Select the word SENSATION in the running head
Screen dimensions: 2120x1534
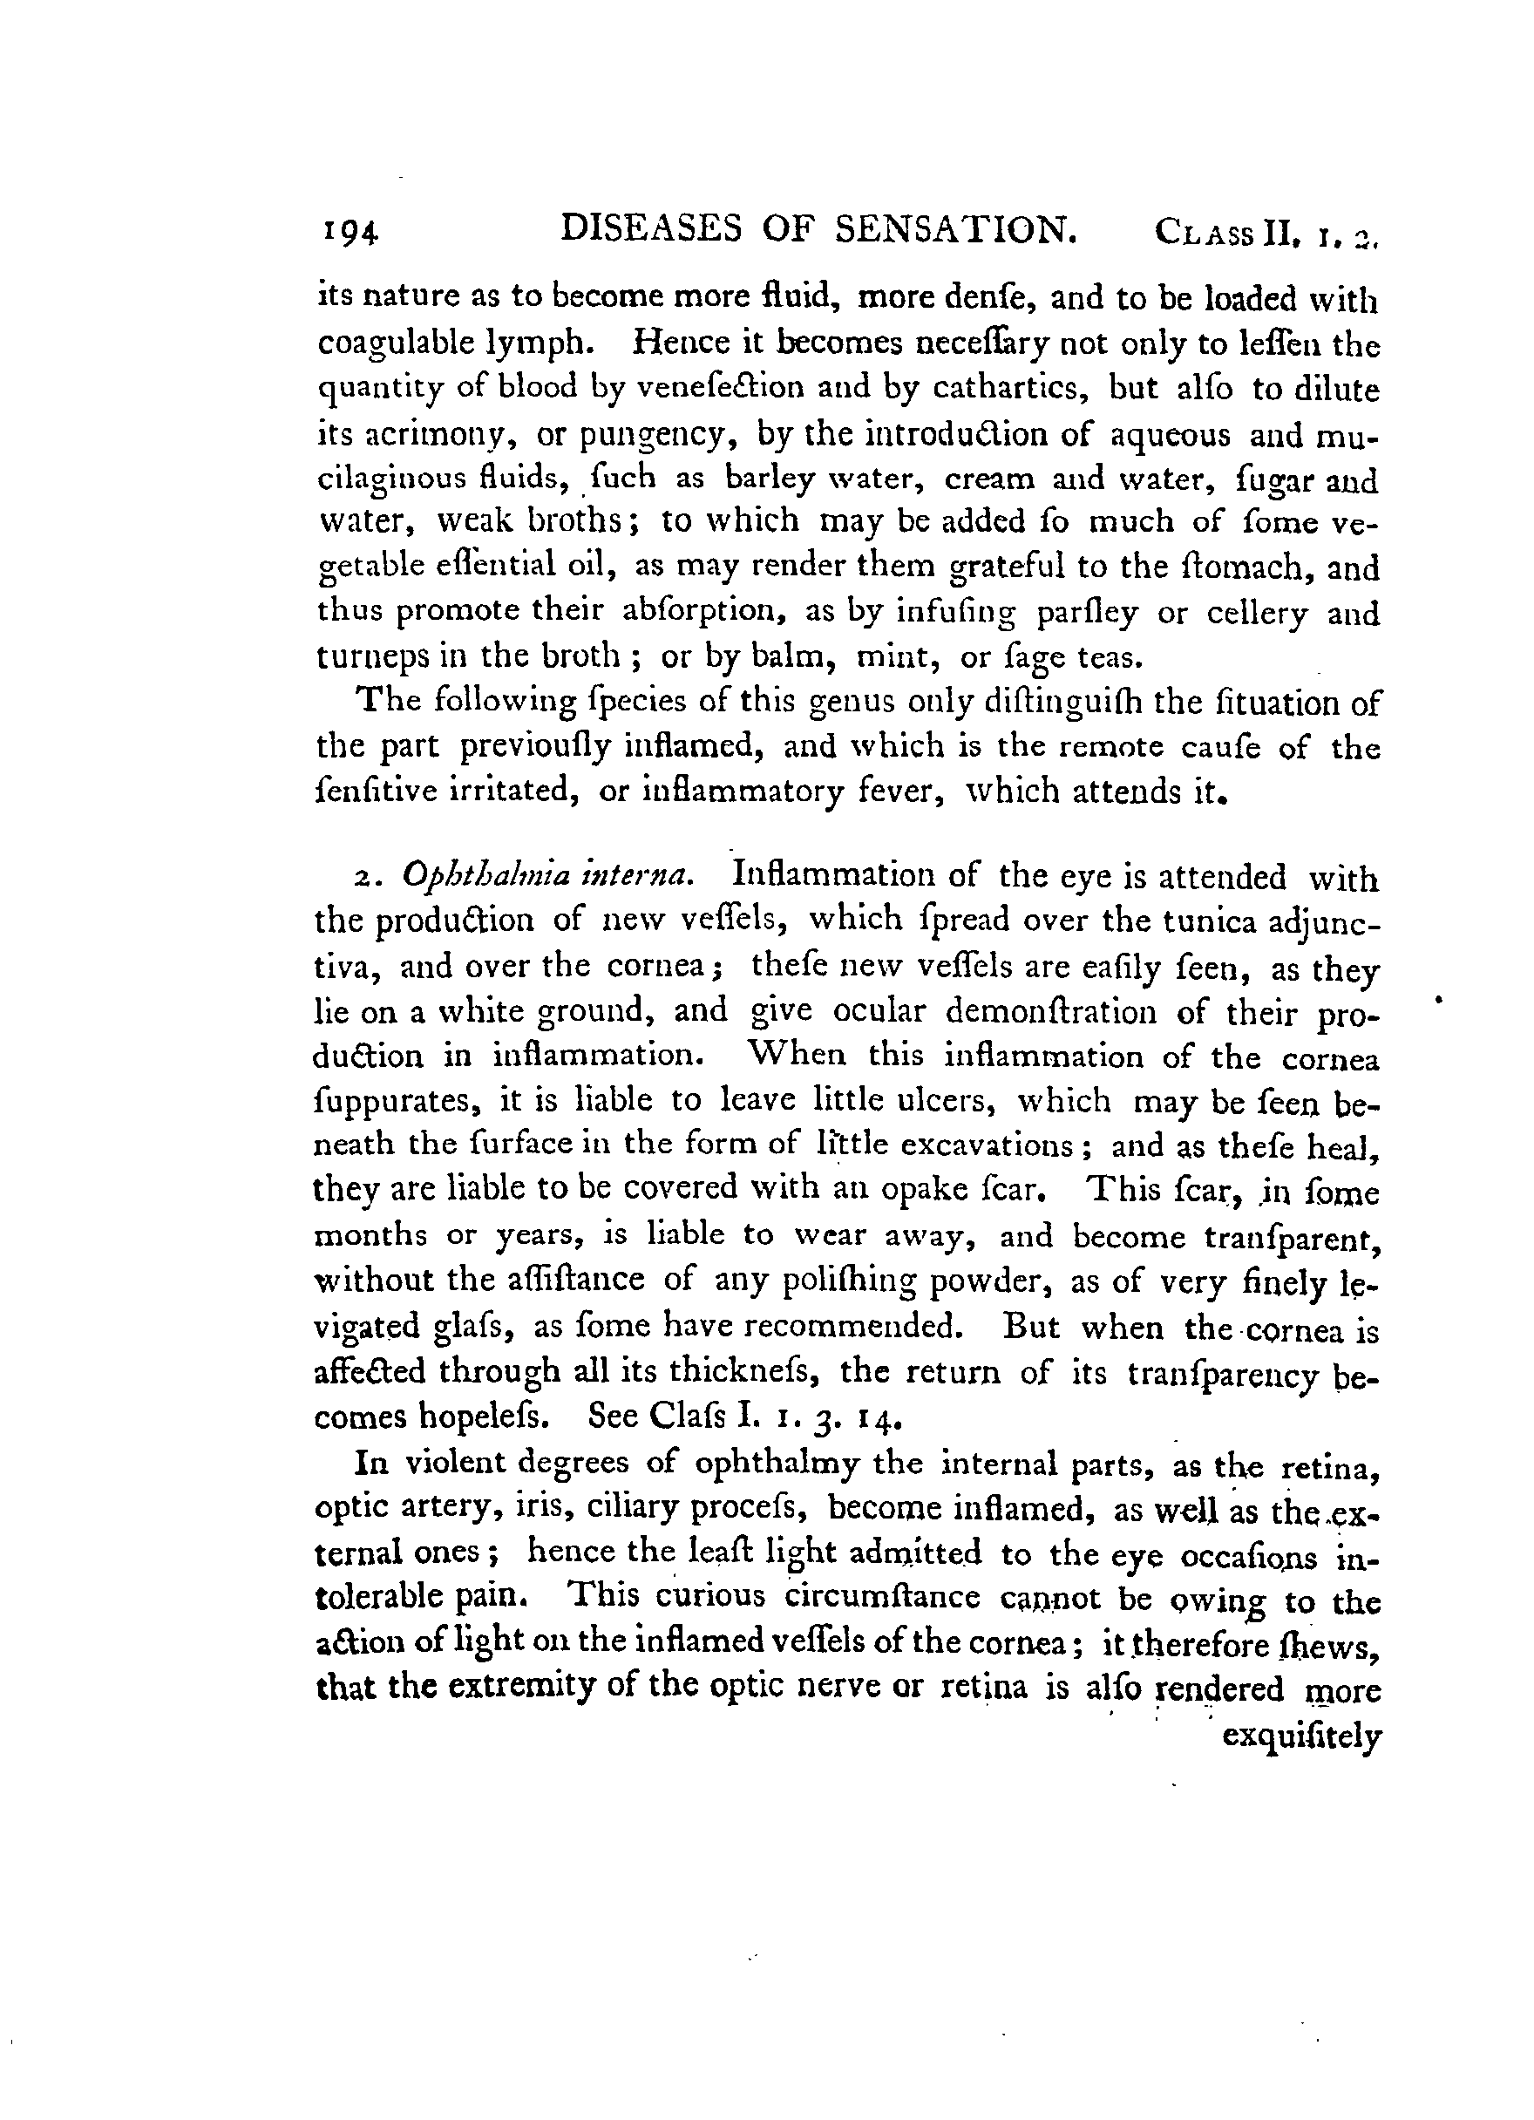(x=952, y=229)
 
